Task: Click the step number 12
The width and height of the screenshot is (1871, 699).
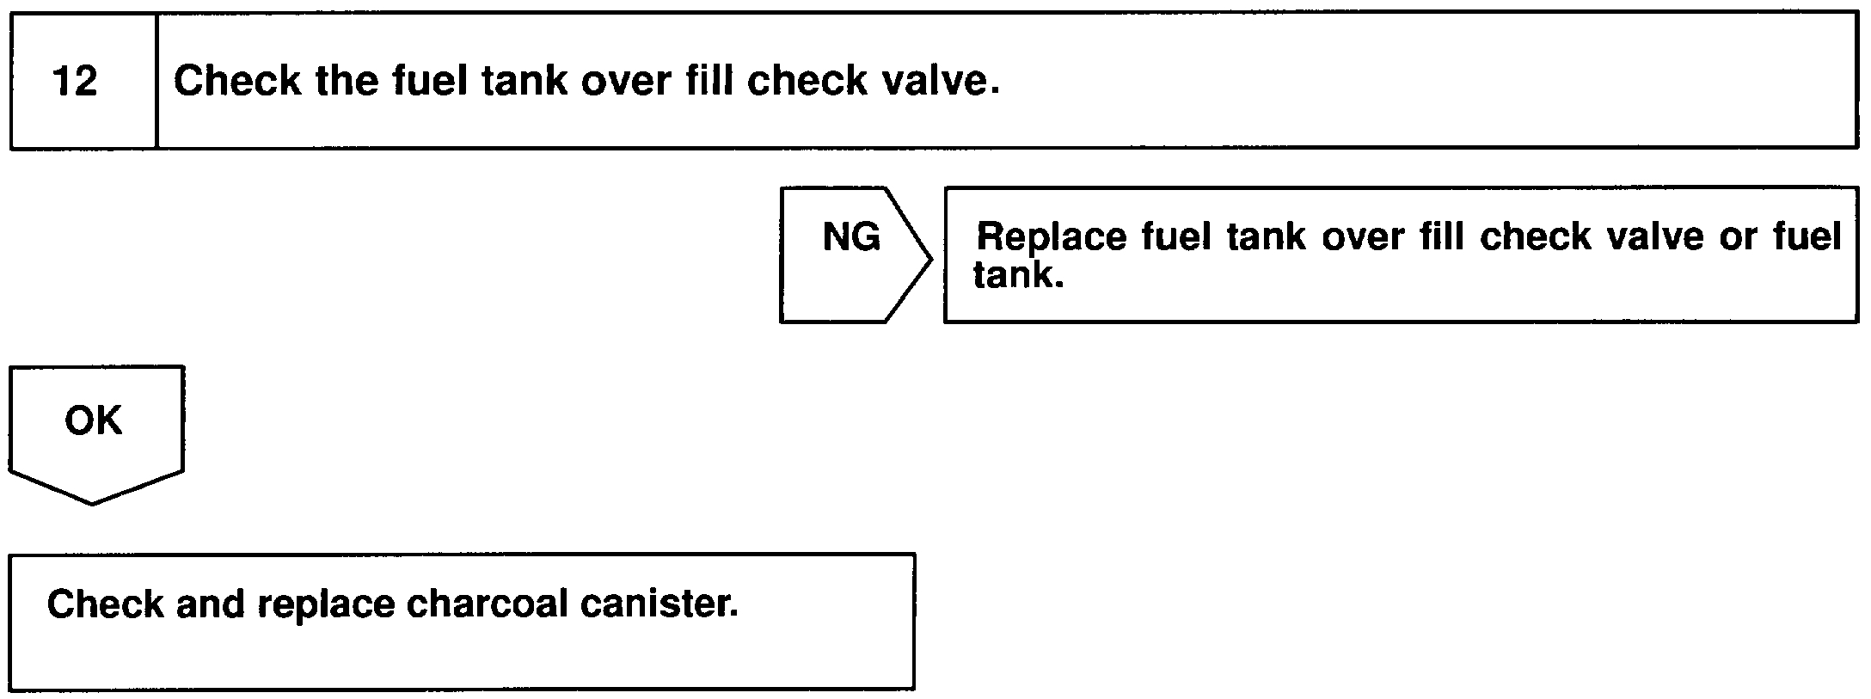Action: click(x=76, y=82)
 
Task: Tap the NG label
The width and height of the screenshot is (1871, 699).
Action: click(x=851, y=236)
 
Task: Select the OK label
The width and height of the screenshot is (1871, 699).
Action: click(x=93, y=420)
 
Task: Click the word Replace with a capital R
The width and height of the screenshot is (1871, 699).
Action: click(x=1052, y=236)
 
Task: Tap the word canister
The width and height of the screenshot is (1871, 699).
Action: click(x=659, y=604)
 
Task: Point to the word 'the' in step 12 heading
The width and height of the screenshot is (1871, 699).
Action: click(x=347, y=81)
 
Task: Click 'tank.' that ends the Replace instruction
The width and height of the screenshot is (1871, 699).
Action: click(x=1018, y=275)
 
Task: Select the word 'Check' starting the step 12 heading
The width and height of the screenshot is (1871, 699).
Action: click(x=237, y=81)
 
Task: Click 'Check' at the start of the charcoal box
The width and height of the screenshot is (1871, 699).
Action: click(x=105, y=604)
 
